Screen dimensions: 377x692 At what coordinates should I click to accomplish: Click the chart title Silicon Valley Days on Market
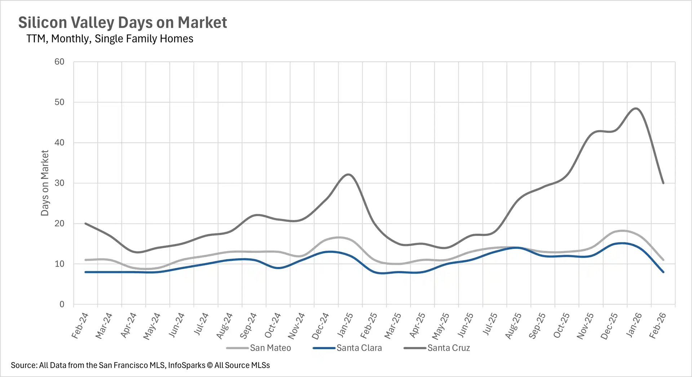[x=123, y=22]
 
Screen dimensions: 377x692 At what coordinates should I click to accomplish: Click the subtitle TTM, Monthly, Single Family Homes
[x=110, y=39]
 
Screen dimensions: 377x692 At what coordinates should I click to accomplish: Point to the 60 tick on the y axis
[x=59, y=62]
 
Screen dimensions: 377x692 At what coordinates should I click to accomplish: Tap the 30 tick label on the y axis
[x=59, y=183]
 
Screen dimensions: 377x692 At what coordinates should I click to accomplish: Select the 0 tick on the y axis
[x=62, y=304]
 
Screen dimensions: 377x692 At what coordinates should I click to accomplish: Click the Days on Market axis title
[x=45, y=183]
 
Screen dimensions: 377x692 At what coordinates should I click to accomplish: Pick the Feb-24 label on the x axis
[x=80, y=325]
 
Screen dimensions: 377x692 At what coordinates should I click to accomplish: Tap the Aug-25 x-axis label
[x=513, y=325]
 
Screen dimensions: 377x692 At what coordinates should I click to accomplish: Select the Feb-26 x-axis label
[x=657, y=325]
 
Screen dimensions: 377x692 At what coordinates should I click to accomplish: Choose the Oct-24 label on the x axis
[x=272, y=325]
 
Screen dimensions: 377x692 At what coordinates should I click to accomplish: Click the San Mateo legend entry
[x=270, y=348]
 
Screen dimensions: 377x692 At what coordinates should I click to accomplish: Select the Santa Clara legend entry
[x=359, y=348]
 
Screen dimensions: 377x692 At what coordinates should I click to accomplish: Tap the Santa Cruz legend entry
[x=448, y=348]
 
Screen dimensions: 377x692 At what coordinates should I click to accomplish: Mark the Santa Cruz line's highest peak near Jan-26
[x=636, y=108]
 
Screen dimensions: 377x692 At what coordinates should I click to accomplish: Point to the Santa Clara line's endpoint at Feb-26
[x=663, y=272]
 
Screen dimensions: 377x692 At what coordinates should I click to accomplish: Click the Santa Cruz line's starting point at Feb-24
[x=86, y=224]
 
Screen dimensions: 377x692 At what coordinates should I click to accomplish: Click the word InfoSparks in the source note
[x=186, y=365]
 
